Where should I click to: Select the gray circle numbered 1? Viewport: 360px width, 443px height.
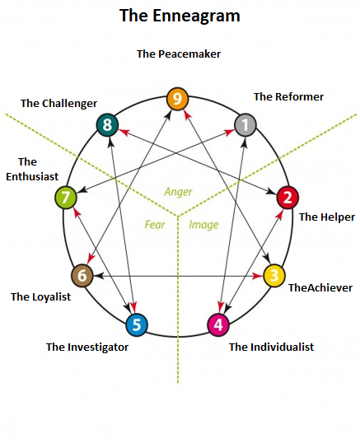click(245, 124)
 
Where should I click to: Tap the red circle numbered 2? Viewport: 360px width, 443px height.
click(288, 197)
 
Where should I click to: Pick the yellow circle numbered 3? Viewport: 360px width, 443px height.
click(274, 275)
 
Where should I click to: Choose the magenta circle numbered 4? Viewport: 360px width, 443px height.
click(217, 324)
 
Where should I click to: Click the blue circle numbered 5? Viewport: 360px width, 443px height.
click(138, 324)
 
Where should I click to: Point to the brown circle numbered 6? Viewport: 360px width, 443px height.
click(82, 275)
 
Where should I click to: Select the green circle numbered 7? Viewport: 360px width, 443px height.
click(66, 198)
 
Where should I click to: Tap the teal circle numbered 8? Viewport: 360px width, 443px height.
click(108, 125)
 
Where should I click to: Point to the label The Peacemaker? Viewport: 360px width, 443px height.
click(179, 54)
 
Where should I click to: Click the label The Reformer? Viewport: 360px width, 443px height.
click(288, 96)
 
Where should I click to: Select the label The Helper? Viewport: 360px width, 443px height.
click(320, 217)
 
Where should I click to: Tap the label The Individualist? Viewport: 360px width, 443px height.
click(271, 347)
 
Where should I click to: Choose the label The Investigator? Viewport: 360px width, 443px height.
click(87, 347)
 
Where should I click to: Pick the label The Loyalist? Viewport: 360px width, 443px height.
click(40, 296)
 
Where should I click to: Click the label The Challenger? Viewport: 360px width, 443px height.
click(58, 103)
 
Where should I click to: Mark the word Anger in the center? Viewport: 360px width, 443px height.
click(178, 192)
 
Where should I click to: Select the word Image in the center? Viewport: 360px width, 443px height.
click(204, 223)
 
